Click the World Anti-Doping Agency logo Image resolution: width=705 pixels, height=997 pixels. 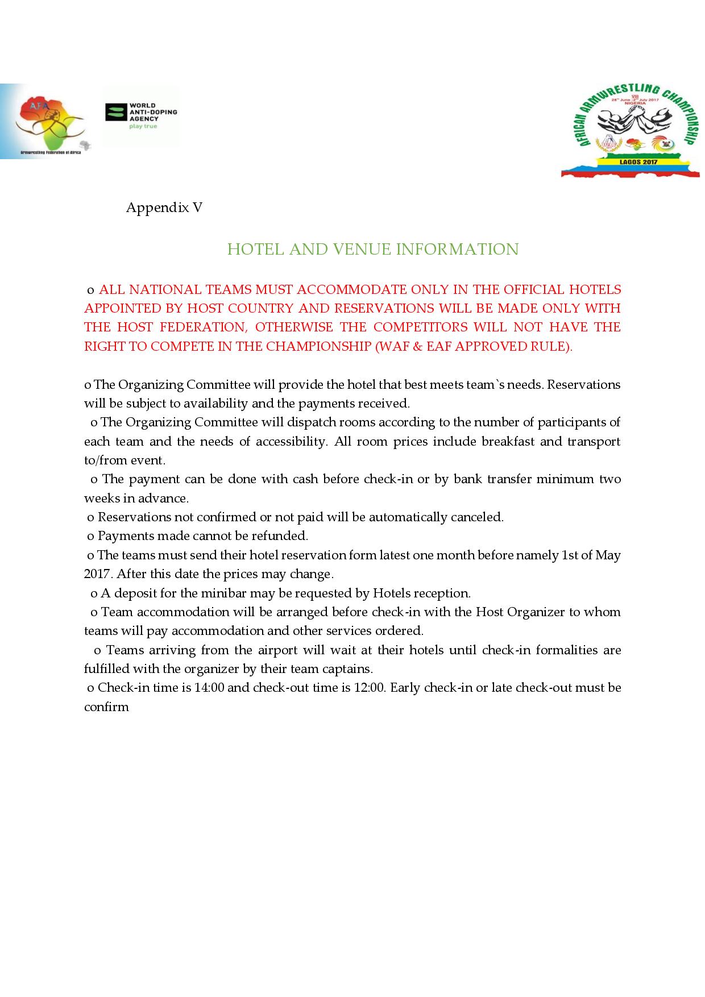point(141,116)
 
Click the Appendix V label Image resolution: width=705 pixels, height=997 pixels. point(164,207)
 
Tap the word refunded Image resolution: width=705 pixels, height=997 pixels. point(280,536)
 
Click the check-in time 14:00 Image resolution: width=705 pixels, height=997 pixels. point(209,688)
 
